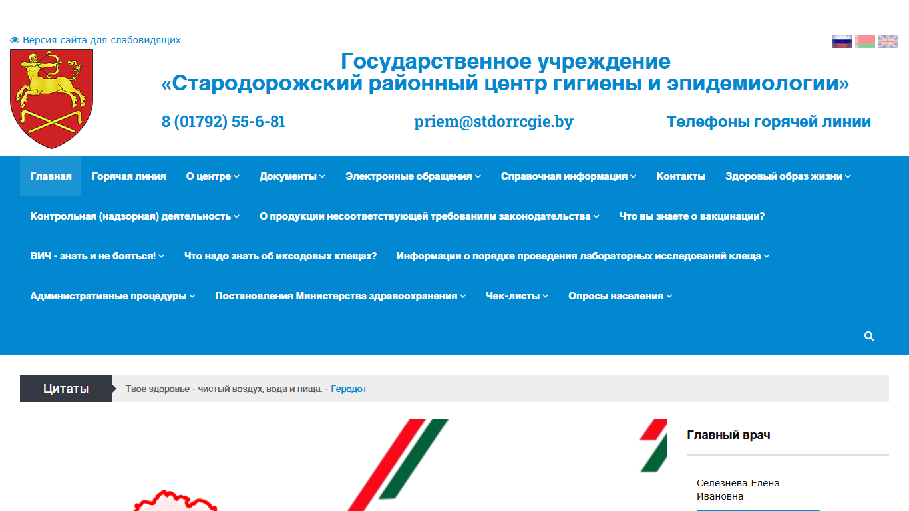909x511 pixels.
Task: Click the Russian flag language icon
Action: pos(842,41)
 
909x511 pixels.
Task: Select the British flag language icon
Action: pos(888,41)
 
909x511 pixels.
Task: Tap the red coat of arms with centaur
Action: pos(51,98)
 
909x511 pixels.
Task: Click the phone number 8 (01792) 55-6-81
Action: pos(224,122)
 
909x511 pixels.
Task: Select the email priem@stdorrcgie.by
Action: pos(494,122)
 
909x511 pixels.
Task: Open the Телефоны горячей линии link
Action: pos(769,122)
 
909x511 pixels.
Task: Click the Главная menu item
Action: pos(51,176)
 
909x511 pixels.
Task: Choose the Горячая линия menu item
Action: pos(129,176)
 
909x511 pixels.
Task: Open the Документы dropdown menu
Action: pos(292,176)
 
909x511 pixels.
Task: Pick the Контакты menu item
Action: pos(681,176)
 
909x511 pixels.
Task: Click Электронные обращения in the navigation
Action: pos(413,176)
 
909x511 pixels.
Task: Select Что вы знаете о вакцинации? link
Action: pos(692,216)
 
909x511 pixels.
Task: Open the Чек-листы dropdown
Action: pos(517,296)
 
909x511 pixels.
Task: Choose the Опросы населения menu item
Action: pos(620,296)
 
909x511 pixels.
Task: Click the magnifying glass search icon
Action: pos(869,336)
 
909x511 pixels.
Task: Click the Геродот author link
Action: pos(349,389)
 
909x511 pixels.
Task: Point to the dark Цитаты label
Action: pos(66,389)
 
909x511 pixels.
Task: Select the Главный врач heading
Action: pos(729,435)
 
